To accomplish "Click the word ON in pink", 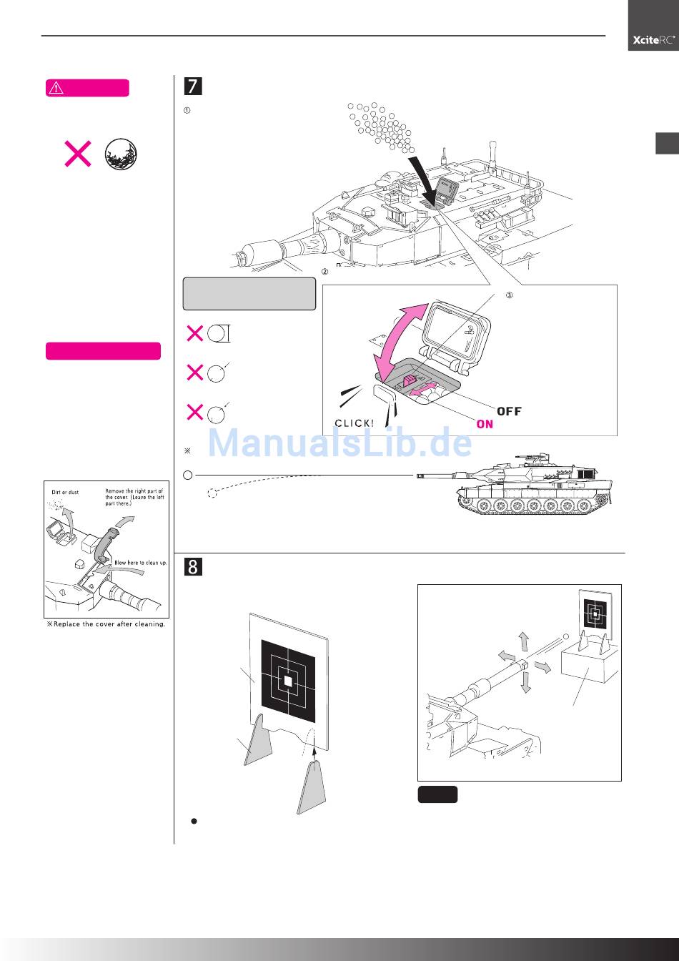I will tap(485, 424).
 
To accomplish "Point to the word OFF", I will tap(509, 411).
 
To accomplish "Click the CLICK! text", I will tap(354, 423).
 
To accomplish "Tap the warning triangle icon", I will tap(56, 89).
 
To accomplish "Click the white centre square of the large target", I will tap(288, 681).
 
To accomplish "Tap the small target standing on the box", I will tap(593, 613).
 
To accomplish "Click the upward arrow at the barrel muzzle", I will tap(523, 641).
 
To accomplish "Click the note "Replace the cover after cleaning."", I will tap(106, 624).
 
